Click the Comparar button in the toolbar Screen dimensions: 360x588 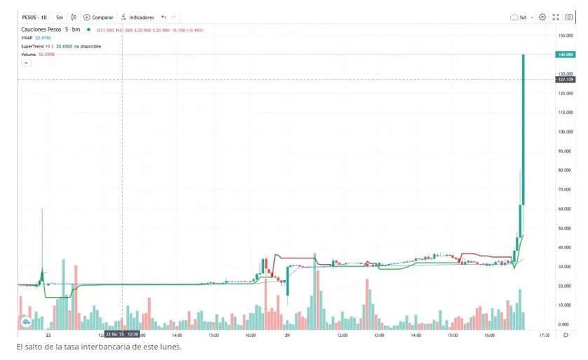(x=99, y=17)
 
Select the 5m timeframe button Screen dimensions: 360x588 (x=60, y=17)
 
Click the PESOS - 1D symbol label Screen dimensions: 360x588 (x=34, y=17)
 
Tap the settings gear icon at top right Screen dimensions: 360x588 (x=542, y=17)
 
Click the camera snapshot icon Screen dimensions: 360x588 (x=568, y=17)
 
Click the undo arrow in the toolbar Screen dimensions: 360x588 (x=163, y=17)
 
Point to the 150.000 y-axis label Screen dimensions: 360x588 (x=566, y=34)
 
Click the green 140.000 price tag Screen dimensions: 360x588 (x=566, y=54)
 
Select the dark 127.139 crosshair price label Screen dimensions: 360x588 (x=565, y=79)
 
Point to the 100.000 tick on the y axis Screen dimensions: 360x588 (x=566, y=131)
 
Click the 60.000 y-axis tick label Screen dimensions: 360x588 (x=566, y=209)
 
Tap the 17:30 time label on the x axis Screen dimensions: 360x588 (x=543, y=335)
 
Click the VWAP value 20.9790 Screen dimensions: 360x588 (x=43, y=38)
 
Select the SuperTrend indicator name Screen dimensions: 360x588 (x=34, y=46)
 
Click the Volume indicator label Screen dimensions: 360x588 (x=29, y=54)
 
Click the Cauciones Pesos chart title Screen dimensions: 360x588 (x=41, y=29)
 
